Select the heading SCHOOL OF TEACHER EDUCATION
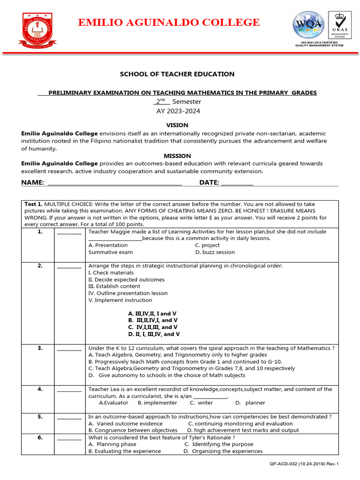pyautogui.click(x=177, y=74)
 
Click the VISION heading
pyautogui.click(x=177, y=125)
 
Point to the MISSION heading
pyautogui.click(x=177, y=156)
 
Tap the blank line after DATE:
pyautogui.click(x=237, y=183)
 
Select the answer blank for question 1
pyautogui.click(x=69, y=232)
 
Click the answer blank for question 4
pyautogui.click(x=69, y=390)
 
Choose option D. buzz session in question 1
pyautogui.click(x=215, y=252)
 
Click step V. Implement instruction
pyautogui.click(x=120, y=300)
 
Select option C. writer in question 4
pyautogui.click(x=201, y=403)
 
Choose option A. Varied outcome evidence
pyautogui.click(x=119, y=423)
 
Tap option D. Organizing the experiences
pyautogui.click(x=223, y=451)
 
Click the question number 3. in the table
pyautogui.click(x=40, y=348)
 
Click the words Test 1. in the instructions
pyautogui.click(x=33, y=204)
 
